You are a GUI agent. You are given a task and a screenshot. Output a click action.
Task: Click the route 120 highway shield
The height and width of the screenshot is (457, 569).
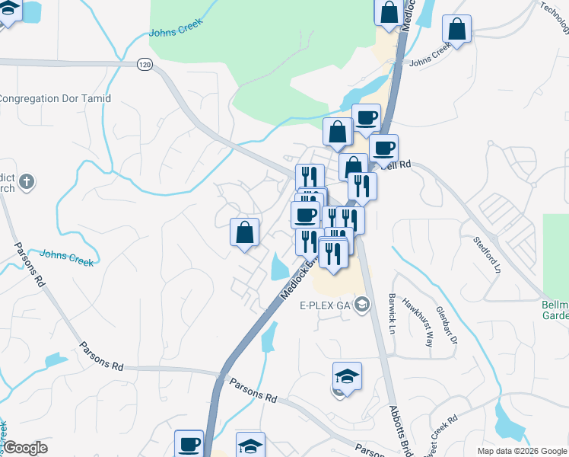tap(145, 65)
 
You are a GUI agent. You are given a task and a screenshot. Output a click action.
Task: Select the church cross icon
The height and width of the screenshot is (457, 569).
tap(27, 181)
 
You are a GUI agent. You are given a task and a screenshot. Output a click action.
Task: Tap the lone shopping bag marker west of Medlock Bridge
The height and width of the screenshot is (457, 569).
tap(245, 232)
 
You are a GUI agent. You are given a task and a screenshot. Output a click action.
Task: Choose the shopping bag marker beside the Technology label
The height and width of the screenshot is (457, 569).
tap(457, 30)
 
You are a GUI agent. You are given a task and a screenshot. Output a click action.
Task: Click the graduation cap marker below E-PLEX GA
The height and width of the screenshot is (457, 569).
tap(347, 376)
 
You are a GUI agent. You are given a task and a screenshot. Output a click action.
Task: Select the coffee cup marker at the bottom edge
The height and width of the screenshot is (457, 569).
tap(189, 444)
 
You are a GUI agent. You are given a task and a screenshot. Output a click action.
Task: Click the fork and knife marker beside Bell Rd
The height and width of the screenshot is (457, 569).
tap(362, 186)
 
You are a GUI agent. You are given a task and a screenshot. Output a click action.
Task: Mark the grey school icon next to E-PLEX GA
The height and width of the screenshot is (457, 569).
tap(363, 305)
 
